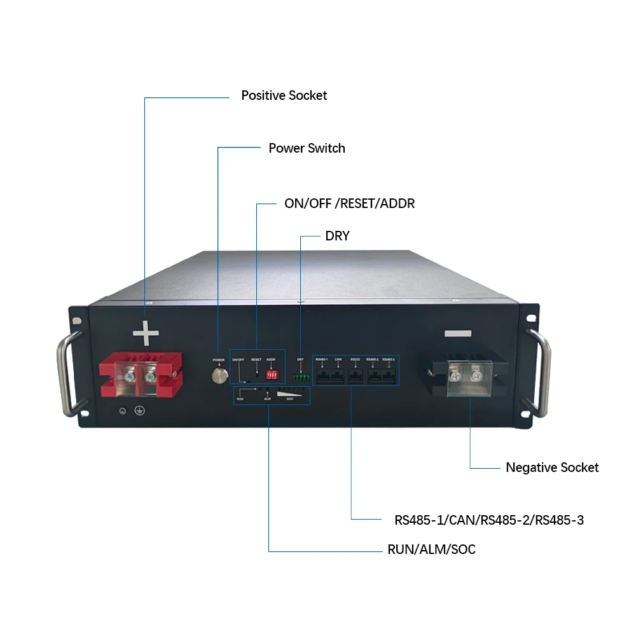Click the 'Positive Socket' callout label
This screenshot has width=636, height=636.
pos(284,95)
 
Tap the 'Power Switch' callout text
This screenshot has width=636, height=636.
pos(307,148)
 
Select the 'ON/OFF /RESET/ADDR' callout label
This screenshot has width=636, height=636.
pos(349,204)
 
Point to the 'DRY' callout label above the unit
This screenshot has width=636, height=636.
pos(337,236)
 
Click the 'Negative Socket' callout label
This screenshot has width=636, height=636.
pos(552,467)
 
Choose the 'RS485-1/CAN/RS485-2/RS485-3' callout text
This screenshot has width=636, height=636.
pos(488,520)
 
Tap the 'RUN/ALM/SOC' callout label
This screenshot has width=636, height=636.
pos(431,550)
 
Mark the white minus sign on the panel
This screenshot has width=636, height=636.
pos(457,333)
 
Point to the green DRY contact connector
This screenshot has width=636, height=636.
pos(301,377)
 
